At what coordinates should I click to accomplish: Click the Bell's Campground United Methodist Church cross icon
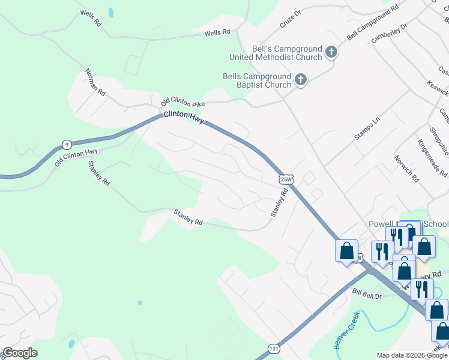[330, 52]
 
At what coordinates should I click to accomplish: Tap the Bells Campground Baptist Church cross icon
[300, 79]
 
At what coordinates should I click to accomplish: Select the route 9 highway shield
[66, 145]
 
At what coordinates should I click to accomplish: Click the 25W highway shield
[286, 179]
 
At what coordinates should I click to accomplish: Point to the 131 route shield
[274, 347]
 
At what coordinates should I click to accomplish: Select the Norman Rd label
[95, 82]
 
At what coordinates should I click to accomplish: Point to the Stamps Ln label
[367, 128]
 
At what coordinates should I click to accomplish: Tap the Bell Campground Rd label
[373, 23]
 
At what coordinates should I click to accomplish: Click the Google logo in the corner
[19, 353]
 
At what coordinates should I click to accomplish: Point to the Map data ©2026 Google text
[411, 355]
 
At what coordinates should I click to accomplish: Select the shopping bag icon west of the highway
[347, 250]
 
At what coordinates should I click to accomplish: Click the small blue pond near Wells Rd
[111, 12]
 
